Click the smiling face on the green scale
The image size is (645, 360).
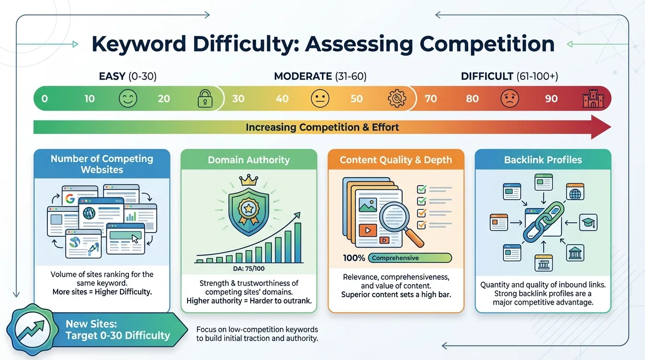pyautogui.click(x=128, y=99)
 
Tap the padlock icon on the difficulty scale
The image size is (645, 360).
pyautogui.click(x=204, y=99)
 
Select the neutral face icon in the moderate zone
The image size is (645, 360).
pyautogui.click(x=320, y=99)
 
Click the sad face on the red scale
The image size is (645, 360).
pyautogui.click(x=510, y=99)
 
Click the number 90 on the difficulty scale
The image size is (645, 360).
pyautogui.click(x=551, y=99)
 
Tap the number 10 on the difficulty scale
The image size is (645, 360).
pyautogui.click(x=90, y=99)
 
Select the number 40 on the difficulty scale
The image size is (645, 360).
pyautogui.click(x=282, y=99)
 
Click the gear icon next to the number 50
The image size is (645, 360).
pyautogui.click(x=397, y=99)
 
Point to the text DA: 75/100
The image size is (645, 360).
pyautogui.click(x=248, y=269)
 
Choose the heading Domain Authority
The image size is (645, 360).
pyautogui.click(x=249, y=160)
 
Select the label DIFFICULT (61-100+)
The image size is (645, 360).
pyautogui.click(x=510, y=76)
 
